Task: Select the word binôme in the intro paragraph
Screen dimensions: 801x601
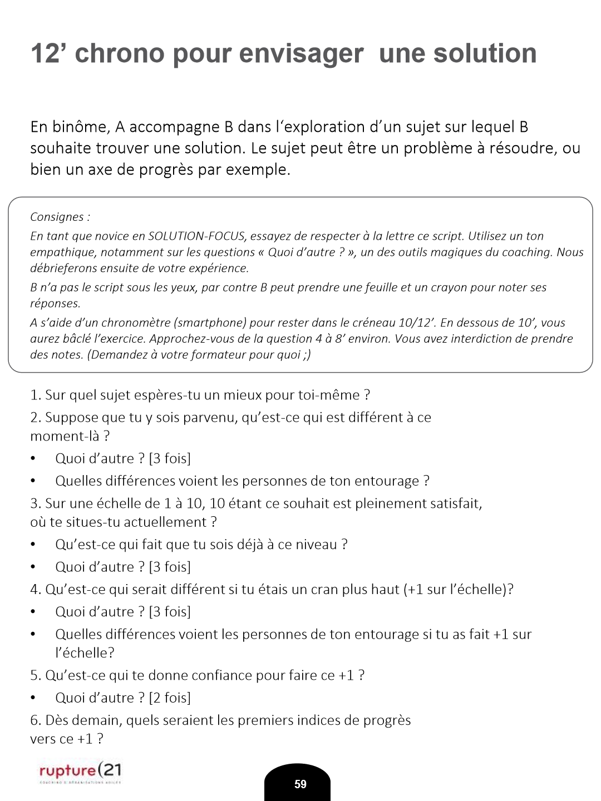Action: pyautogui.click(x=80, y=127)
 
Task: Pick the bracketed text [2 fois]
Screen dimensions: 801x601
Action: pyautogui.click(x=170, y=698)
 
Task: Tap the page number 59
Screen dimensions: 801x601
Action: pyautogui.click(x=300, y=784)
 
